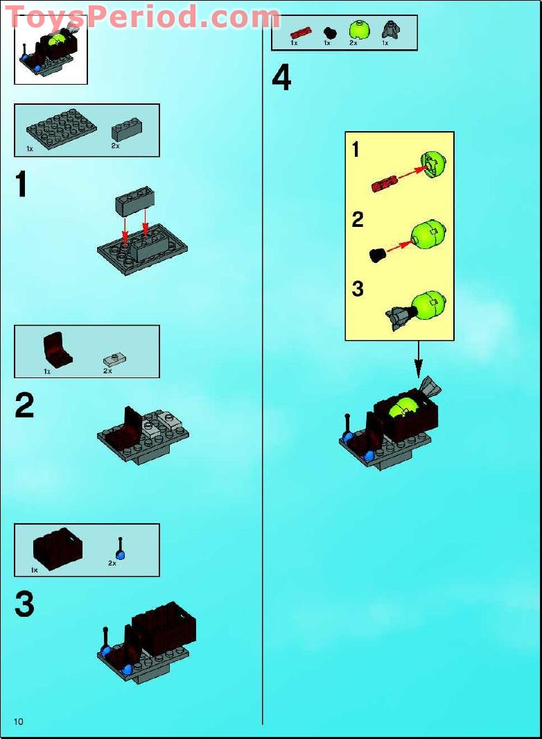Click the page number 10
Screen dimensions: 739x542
pos(18,722)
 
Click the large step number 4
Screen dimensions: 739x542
pos(281,78)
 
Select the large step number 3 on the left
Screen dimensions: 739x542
pos(24,604)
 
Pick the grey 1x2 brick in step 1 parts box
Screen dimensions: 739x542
pos(128,129)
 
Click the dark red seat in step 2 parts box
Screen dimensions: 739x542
pos(58,349)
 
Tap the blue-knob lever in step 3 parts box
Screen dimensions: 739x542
pos(120,548)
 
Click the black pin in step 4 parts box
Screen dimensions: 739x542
pos(329,32)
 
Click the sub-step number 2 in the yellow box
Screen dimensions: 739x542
pos(358,220)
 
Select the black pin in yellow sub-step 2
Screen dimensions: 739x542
pos(378,255)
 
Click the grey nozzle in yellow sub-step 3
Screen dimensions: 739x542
pos(399,317)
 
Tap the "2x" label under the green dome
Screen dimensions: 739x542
pos(353,43)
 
